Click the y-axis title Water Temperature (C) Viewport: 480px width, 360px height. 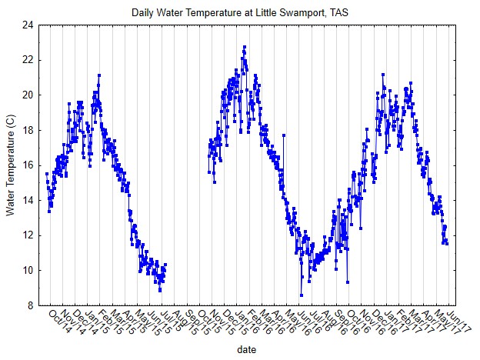(x=11, y=165)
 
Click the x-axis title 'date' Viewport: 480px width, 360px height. (x=247, y=348)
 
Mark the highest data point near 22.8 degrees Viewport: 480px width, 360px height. (x=245, y=47)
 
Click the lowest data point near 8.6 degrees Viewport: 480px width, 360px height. (x=302, y=295)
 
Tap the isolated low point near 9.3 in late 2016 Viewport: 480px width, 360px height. (x=348, y=282)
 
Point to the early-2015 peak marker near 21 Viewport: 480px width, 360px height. (x=99, y=75)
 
